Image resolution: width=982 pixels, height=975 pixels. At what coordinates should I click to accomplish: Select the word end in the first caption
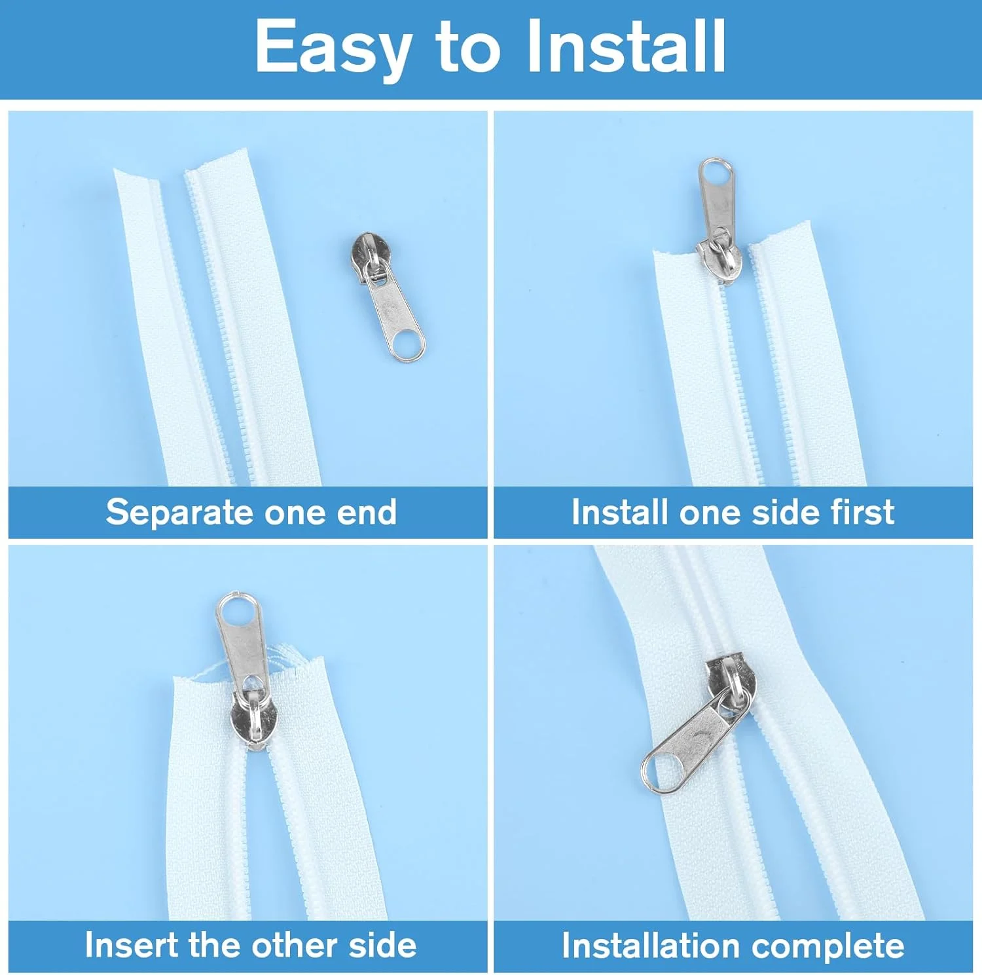(x=367, y=512)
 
